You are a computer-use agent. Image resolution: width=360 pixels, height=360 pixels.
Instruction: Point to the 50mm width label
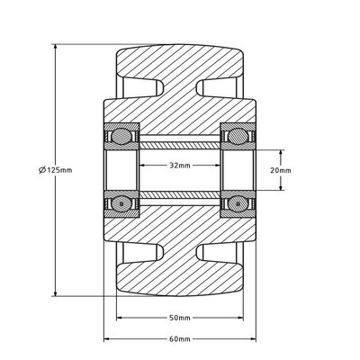pos(179,318)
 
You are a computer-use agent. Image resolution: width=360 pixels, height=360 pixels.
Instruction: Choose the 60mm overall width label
pos(179,338)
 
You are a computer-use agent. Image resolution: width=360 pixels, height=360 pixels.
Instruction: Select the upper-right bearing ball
pos(238,137)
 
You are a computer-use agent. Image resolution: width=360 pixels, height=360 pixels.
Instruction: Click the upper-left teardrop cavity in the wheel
pos(136,91)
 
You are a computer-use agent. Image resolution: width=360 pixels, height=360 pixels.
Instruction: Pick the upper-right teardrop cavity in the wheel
pos(221,91)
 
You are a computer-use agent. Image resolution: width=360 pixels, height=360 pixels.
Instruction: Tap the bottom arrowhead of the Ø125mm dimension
pos(58,294)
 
